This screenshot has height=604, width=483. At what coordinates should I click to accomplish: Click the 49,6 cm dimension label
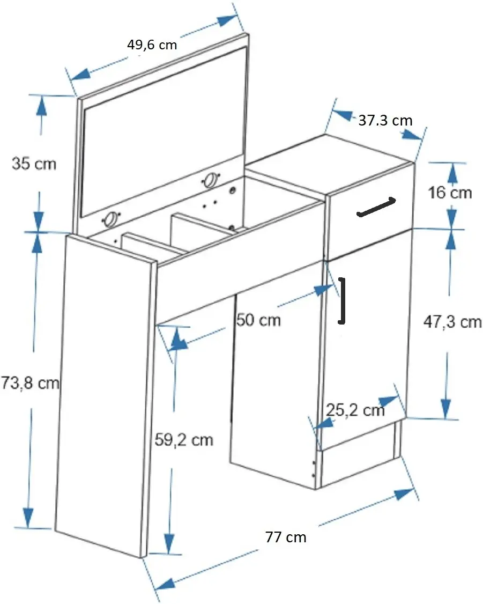click(152, 45)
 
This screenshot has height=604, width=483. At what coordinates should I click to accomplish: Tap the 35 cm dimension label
click(34, 164)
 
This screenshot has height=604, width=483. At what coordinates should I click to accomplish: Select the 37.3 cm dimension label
click(385, 121)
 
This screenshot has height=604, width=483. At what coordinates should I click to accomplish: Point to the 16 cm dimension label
click(450, 192)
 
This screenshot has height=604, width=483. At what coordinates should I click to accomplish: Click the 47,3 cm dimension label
click(452, 322)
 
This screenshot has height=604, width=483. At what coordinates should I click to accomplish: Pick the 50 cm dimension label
click(258, 320)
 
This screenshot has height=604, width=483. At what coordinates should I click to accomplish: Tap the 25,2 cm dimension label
click(355, 410)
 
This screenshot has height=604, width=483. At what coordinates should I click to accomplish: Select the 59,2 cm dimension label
click(184, 439)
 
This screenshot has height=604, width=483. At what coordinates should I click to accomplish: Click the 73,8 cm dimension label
click(30, 383)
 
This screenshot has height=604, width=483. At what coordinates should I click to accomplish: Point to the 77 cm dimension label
click(286, 537)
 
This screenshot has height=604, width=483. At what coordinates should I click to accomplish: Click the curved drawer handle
click(376, 208)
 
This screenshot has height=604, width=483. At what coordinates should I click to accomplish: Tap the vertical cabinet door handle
click(341, 300)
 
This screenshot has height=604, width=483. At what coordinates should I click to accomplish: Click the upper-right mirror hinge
click(211, 180)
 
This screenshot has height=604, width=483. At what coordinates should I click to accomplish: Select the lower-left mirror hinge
click(111, 219)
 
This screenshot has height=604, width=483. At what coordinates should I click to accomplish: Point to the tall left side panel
click(105, 397)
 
